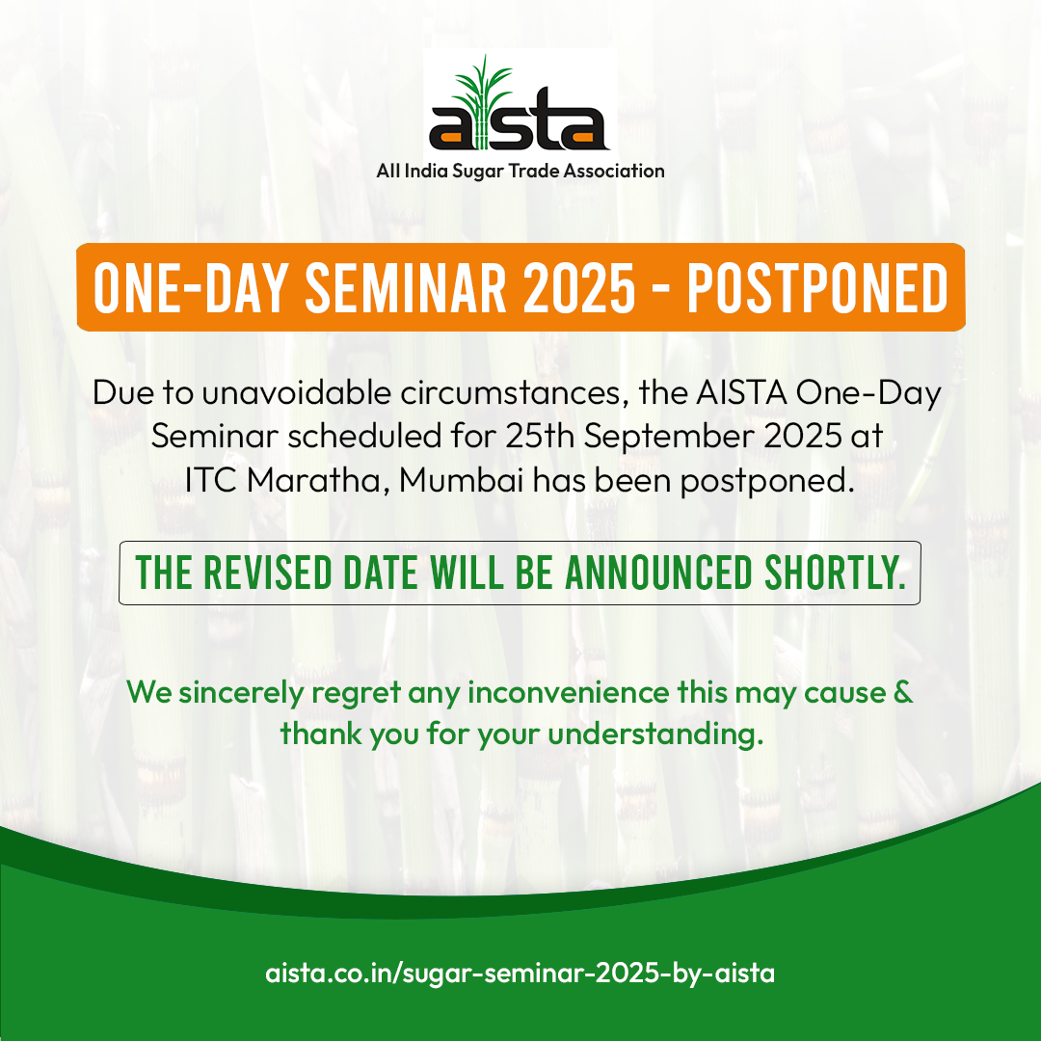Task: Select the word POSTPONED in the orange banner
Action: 817,288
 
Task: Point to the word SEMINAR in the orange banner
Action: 406,288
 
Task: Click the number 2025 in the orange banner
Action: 579,288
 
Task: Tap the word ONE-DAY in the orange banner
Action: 191,288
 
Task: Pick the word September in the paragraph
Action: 670,438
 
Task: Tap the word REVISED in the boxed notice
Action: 267,573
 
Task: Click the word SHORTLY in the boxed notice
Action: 835,573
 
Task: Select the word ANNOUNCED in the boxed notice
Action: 658,573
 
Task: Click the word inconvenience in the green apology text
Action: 569,692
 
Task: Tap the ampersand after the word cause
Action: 903,692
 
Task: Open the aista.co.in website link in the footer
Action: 520,974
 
